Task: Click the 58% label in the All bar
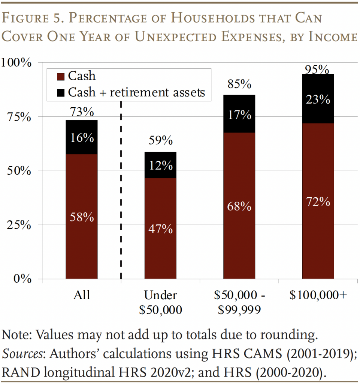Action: click(x=81, y=217)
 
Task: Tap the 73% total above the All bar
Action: click(x=81, y=112)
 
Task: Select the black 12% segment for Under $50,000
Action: click(x=160, y=165)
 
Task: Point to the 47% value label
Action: click(x=160, y=229)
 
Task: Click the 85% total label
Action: click(x=239, y=84)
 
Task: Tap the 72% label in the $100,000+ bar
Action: click(x=318, y=202)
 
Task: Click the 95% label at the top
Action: click(x=318, y=69)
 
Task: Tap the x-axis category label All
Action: click(x=81, y=295)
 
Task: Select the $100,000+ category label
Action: click(x=318, y=295)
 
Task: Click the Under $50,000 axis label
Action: click(x=160, y=302)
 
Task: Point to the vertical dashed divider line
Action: click(x=121, y=187)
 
